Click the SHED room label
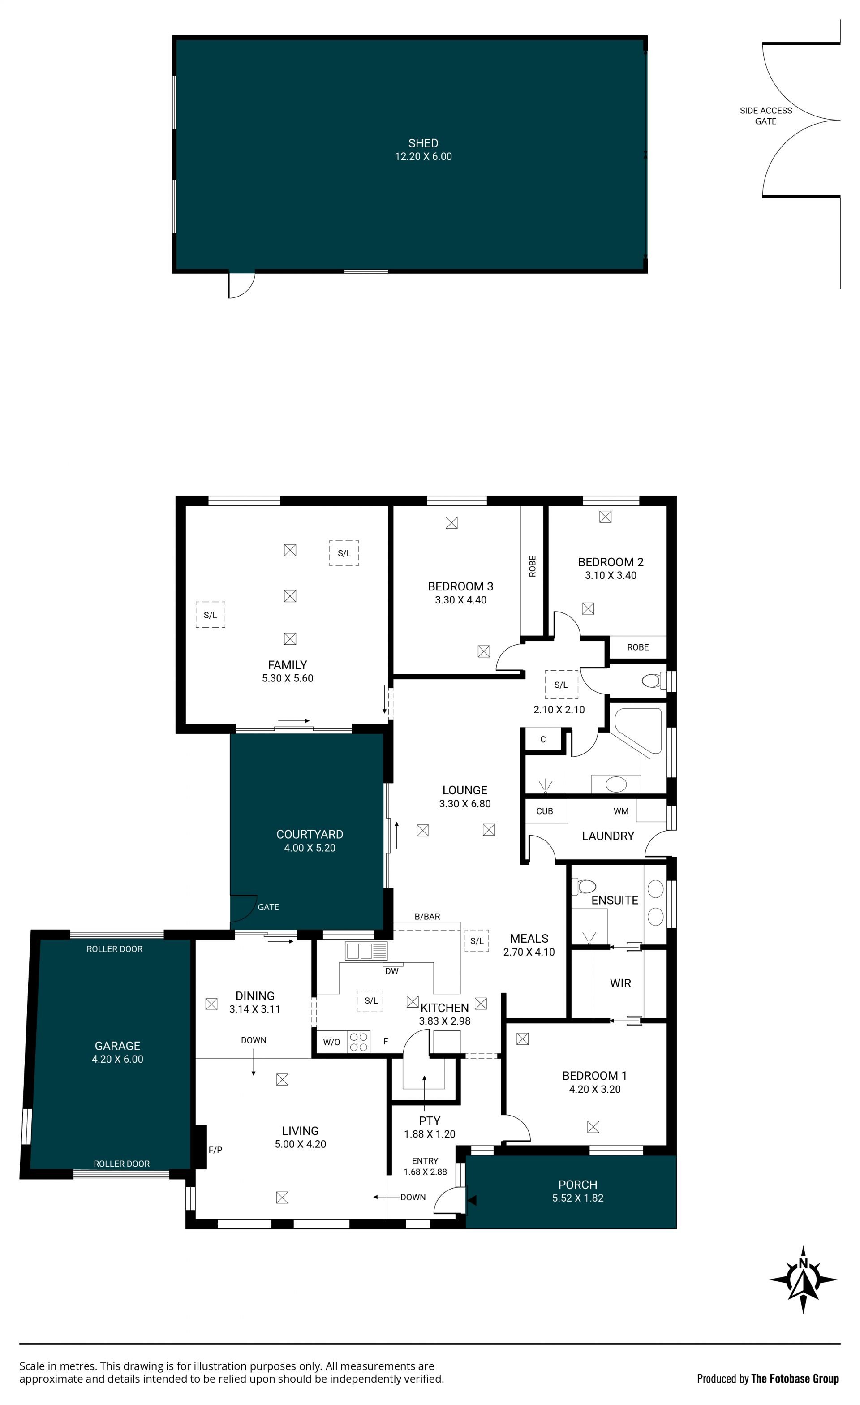point(423,143)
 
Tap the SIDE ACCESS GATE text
point(765,116)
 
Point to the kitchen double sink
point(366,951)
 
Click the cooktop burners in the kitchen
point(358,1042)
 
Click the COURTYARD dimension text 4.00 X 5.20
point(310,848)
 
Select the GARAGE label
point(117,1046)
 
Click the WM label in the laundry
point(621,811)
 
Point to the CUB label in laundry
point(544,811)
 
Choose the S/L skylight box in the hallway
point(561,684)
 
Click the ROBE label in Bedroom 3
point(532,566)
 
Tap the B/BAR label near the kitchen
point(427,916)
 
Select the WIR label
point(620,983)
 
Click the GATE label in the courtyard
point(268,907)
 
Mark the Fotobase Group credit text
point(768,1378)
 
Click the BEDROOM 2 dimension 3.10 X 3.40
point(611,575)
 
